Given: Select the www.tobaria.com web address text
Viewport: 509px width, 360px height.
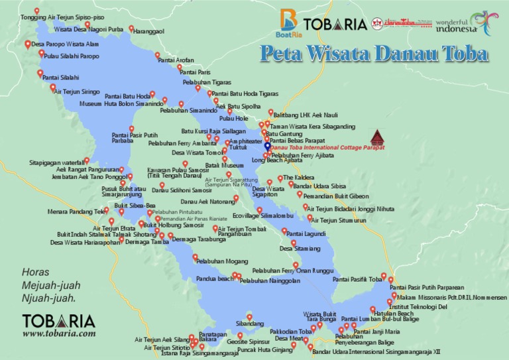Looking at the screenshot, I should pyautogui.click(x=59, y=334).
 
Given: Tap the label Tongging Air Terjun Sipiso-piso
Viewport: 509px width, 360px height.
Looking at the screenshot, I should pyautogui.click(x=62, y=19).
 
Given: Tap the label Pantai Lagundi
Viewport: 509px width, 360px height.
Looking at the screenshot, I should pyautogui.click(x=306, y=234).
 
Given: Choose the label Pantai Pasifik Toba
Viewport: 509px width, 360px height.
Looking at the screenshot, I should pyautogui.click(x=357, y=280).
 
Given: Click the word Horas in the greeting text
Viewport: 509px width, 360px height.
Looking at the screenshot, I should pyautogui.click(x=36, y=272).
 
